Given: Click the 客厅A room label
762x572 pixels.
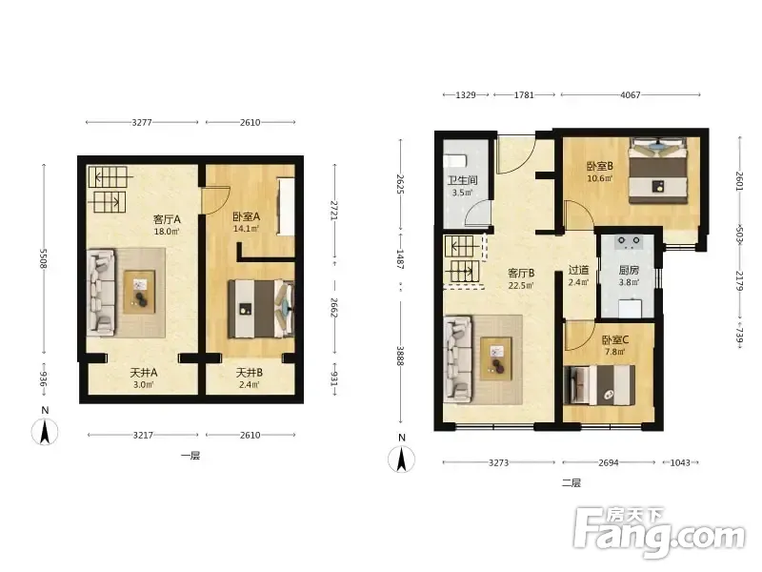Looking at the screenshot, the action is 168,219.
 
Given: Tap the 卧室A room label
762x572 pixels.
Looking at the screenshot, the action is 247,217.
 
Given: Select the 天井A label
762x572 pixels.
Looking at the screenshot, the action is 144,373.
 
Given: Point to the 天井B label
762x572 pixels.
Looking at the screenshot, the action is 250,373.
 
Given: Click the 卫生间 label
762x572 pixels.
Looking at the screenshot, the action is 462,180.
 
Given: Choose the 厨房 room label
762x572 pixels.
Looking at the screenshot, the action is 629,270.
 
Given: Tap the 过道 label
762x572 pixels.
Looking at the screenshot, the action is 579,270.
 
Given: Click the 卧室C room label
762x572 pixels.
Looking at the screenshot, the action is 615,340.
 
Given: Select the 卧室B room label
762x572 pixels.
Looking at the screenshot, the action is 600,166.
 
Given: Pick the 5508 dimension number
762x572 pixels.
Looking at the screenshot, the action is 43,258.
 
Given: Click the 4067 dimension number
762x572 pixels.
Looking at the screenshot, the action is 631,95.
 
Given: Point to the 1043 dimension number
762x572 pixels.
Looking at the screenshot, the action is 680,462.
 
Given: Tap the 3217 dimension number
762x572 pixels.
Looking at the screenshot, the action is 144,435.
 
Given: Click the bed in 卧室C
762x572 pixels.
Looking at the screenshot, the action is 599,385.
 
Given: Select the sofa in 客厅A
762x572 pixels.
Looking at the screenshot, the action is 102,293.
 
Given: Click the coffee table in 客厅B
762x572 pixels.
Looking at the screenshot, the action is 495,358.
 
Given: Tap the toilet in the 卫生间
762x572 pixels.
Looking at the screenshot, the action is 455,161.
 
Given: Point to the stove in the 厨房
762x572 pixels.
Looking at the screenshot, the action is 629,242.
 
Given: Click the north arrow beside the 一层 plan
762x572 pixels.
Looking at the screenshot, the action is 45,432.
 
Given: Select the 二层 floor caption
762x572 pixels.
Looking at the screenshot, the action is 571,483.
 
